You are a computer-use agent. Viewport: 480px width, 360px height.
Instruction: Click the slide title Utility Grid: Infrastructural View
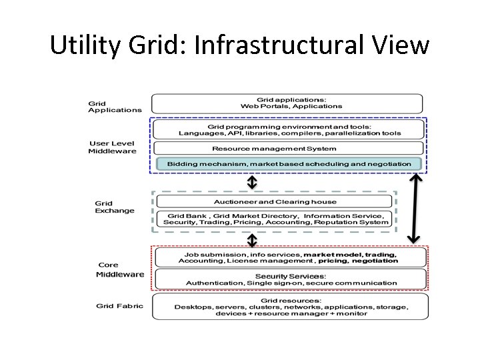coord(240,45)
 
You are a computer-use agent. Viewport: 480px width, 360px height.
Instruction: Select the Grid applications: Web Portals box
coord(287,103)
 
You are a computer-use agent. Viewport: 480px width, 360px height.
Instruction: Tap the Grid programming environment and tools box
coord(287,129)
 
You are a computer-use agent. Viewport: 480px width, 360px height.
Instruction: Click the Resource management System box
coord(287,149)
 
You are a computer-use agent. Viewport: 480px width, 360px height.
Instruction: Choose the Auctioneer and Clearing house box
coord(275,201)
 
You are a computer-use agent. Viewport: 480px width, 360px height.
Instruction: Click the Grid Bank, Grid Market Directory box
coord(275,219)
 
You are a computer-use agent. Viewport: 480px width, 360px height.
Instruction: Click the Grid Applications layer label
coord(115,107)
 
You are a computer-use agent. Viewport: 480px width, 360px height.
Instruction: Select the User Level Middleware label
coord(112,147)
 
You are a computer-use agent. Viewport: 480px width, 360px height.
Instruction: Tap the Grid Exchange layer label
coord(115,207)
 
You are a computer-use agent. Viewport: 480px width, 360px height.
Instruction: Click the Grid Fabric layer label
coord(119,306)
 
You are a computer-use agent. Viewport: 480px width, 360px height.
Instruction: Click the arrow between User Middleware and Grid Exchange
coord(253,182)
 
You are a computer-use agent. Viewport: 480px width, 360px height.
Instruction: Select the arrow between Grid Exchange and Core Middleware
coord(253,239)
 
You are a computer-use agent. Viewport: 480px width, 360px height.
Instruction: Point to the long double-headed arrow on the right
coord(415,207)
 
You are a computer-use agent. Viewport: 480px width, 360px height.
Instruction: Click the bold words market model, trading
coord(350,254)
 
